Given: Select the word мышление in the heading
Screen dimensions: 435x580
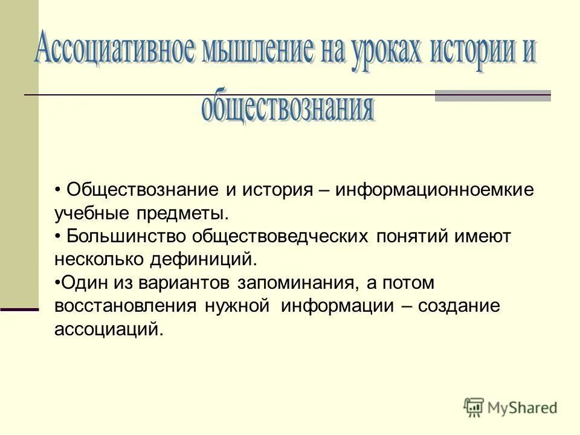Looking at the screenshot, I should point(256,53).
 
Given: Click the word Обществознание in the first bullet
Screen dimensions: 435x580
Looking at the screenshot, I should point(142,190).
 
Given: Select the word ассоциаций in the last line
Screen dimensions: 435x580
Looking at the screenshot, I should point(108,330).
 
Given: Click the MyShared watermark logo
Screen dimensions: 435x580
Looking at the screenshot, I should point(511,407).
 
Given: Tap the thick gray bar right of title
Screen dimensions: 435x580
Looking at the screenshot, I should point(493,96).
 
